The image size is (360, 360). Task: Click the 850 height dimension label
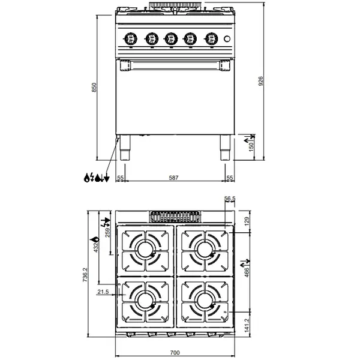coord(94,88)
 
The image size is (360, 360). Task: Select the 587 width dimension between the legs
coord(173,178)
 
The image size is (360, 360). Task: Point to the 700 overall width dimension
coord(175,352)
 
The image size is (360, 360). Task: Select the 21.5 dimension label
coord(102,292)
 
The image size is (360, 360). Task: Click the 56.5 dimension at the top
coord(230,199)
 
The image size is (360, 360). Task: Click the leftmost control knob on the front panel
coord(130,39)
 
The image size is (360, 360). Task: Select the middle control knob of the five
coord(171,39)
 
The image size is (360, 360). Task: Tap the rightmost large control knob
coord(211,39)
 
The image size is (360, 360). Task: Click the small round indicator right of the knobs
coord(227,40)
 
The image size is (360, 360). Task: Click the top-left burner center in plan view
coord(145,248)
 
